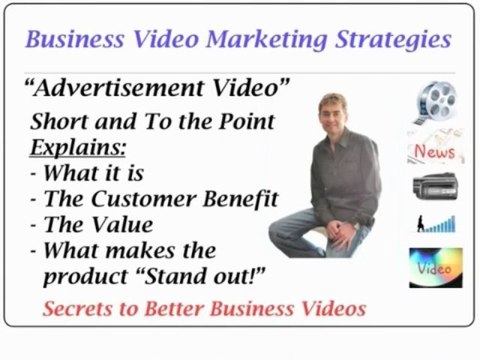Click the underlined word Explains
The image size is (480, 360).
coord(70,148)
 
